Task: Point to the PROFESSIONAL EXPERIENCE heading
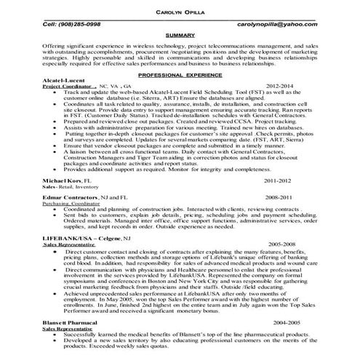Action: tap(180, 75)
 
